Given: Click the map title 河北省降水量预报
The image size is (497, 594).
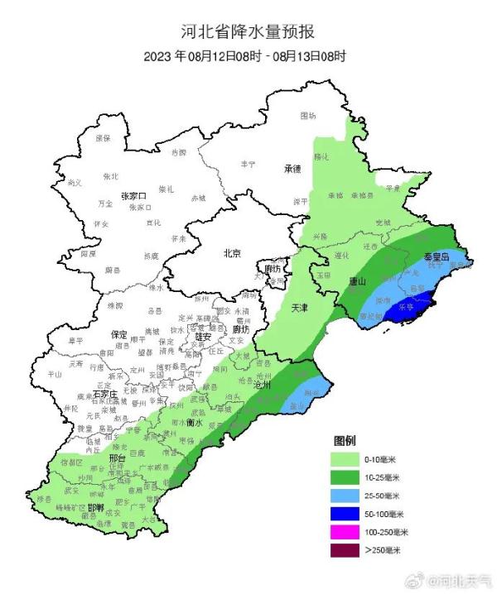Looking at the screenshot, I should coord(248,32).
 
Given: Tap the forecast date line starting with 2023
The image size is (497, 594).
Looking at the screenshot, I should coord(248,56).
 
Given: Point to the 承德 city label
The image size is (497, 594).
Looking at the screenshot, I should coord(292,169).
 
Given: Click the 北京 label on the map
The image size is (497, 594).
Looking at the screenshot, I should coord(233,254).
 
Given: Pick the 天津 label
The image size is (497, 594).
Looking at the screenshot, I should coord(301,308).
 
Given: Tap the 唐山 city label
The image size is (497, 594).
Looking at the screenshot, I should coord(358,280).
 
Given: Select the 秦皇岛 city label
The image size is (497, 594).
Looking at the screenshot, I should coord(436,257).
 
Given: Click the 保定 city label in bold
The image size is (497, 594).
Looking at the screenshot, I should coord(118,335).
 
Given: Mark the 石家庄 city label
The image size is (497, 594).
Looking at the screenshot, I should coord(107,395).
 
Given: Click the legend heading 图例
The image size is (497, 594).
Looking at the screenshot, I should coord(345,438).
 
